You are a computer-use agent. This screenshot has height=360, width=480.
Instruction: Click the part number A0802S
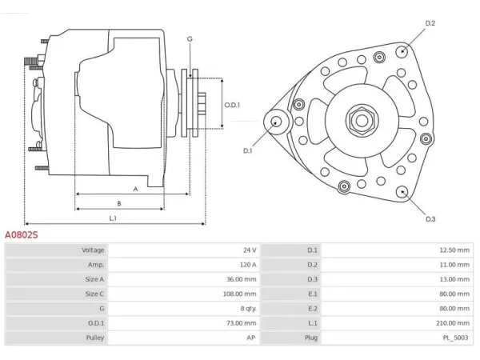pos(22,234)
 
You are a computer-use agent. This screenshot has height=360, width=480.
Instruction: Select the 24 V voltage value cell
pos(250,250)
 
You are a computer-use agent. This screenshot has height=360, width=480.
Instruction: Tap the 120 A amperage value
pos(248,265)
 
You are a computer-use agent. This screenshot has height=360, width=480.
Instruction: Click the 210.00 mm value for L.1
pos(453,323)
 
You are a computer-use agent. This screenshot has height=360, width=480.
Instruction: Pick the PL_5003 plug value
pos(455,338)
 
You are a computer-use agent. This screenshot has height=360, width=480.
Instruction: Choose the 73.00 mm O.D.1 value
pos(241,323)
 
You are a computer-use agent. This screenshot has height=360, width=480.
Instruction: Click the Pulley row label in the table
pos(95,338)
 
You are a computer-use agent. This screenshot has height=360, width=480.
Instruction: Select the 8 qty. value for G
pos(248,308)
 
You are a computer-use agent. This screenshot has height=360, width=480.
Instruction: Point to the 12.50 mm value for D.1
pos(454,250)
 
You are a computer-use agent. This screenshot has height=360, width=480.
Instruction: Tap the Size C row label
pos(94,294)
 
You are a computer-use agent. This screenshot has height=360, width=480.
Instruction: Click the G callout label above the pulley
pos(190,39)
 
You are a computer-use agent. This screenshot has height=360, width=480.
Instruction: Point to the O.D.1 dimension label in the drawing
pos(232,105)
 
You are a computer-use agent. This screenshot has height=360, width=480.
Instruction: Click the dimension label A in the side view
pos(135,189)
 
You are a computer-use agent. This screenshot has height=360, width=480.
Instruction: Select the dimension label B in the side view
pos(119,203)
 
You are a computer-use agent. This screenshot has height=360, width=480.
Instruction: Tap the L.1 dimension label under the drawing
pos(113,218)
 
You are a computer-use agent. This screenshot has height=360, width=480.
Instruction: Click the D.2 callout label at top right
pos(430,23)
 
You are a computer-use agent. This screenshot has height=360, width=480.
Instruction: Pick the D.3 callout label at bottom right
pos(430,219)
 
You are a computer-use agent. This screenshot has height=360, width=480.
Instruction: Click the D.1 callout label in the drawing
pos(247,150)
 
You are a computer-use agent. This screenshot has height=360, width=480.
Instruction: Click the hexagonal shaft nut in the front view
pos(362,120)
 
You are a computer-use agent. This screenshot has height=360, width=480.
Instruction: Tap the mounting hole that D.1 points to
pos(277,122)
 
